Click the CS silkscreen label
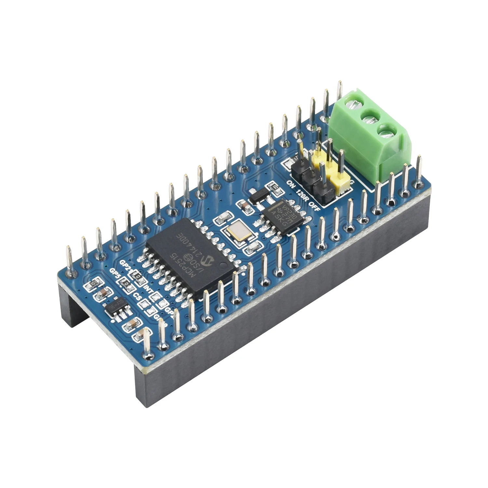[137, 297]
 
